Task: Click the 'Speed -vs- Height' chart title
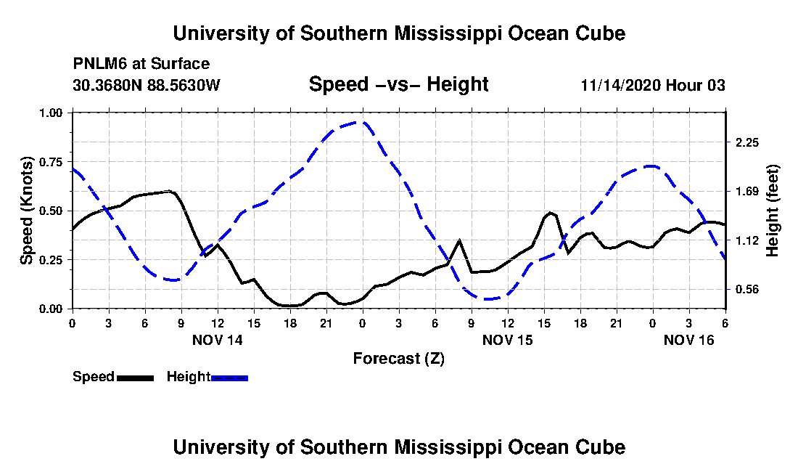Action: (x=398, y=84)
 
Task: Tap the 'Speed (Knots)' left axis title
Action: (x=26, y=211)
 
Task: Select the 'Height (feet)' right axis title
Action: (x=772, y=211)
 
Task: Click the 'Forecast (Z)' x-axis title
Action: (x=398, y=359)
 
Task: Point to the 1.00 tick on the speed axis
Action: (x=51, y=113)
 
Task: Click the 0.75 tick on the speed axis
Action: (x=51, y=162)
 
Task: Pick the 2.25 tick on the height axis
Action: (x=747, y=142)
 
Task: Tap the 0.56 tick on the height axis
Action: (x=747, y=290)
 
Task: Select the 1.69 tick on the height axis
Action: (x=747, y=192)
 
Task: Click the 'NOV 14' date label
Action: (x=218, y=340)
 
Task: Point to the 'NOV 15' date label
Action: (x=507, y=340)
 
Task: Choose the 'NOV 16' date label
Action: (x=688, y=340)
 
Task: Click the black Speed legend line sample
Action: (x=135, y=378)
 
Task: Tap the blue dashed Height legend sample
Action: (x=229, y=378)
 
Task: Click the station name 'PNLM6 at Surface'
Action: (x=141, y=64)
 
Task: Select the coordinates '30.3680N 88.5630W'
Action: (x=147, y=85)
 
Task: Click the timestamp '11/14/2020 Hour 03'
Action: (x=653, y=85)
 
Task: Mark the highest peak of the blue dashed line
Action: (x=362, y=122)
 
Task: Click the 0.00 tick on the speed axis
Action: (x=51, y=309)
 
